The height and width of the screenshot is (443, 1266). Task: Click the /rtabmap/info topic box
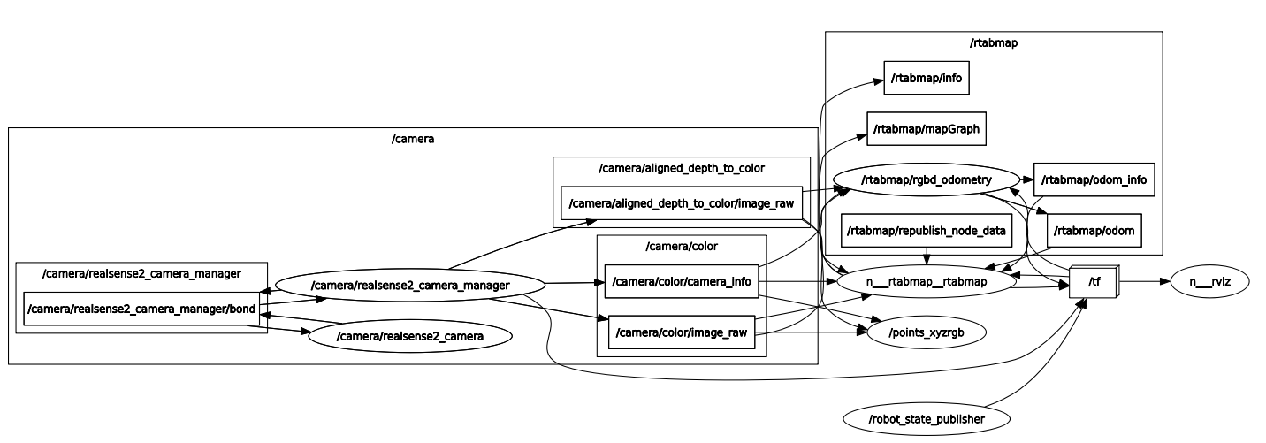pyautogui.click(x=927, y=78)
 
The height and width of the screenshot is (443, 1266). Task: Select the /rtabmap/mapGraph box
pyautogui.click(x=927, y=129)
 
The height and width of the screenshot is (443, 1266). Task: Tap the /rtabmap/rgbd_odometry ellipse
pyautogui.click(x=927, y=179)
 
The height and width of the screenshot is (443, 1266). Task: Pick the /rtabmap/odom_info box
pyautogui.click(x=1094, y=179)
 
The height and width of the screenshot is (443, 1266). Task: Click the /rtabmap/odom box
pyautogui.click(x=1094, y=231)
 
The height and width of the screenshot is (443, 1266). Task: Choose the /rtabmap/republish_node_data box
pyautogui.click(x=926, y=231)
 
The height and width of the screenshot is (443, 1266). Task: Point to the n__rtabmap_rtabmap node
pyautogui.click(x=926, y=282)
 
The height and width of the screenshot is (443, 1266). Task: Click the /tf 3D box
pyautogui.click(x=1094, y=282)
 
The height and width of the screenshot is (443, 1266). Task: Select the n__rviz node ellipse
pyautogui.click(x=1210, y=282)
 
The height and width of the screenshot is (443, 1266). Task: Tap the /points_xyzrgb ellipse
pyautogui.click(x=926, y=332)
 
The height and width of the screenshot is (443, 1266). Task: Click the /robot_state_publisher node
pyautogui.click(x=926, y=418)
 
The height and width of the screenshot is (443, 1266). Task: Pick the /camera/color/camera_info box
pyautogui.click(x=681, y=282)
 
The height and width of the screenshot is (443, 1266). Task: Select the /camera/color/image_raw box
pyautogui.click(x=681, y=332)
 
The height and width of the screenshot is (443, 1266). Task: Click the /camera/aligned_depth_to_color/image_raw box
pyautogui.click(x=682, y=203)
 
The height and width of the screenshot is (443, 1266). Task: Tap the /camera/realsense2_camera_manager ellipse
pyautogui.click(x=410, y=285)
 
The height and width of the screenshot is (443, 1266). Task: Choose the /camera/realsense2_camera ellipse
pyautogui.click(x=410, y=335)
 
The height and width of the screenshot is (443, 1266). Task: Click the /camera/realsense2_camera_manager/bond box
pyautogui.click(x=141, y=308)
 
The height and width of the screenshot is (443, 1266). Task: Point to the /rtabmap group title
pyautogui.click(x=993, y=42)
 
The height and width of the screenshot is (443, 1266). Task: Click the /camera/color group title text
pyautogui.click(x=681, y=246)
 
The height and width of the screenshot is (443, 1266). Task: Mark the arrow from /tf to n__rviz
pyautogui.click(x=1145, y=282)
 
